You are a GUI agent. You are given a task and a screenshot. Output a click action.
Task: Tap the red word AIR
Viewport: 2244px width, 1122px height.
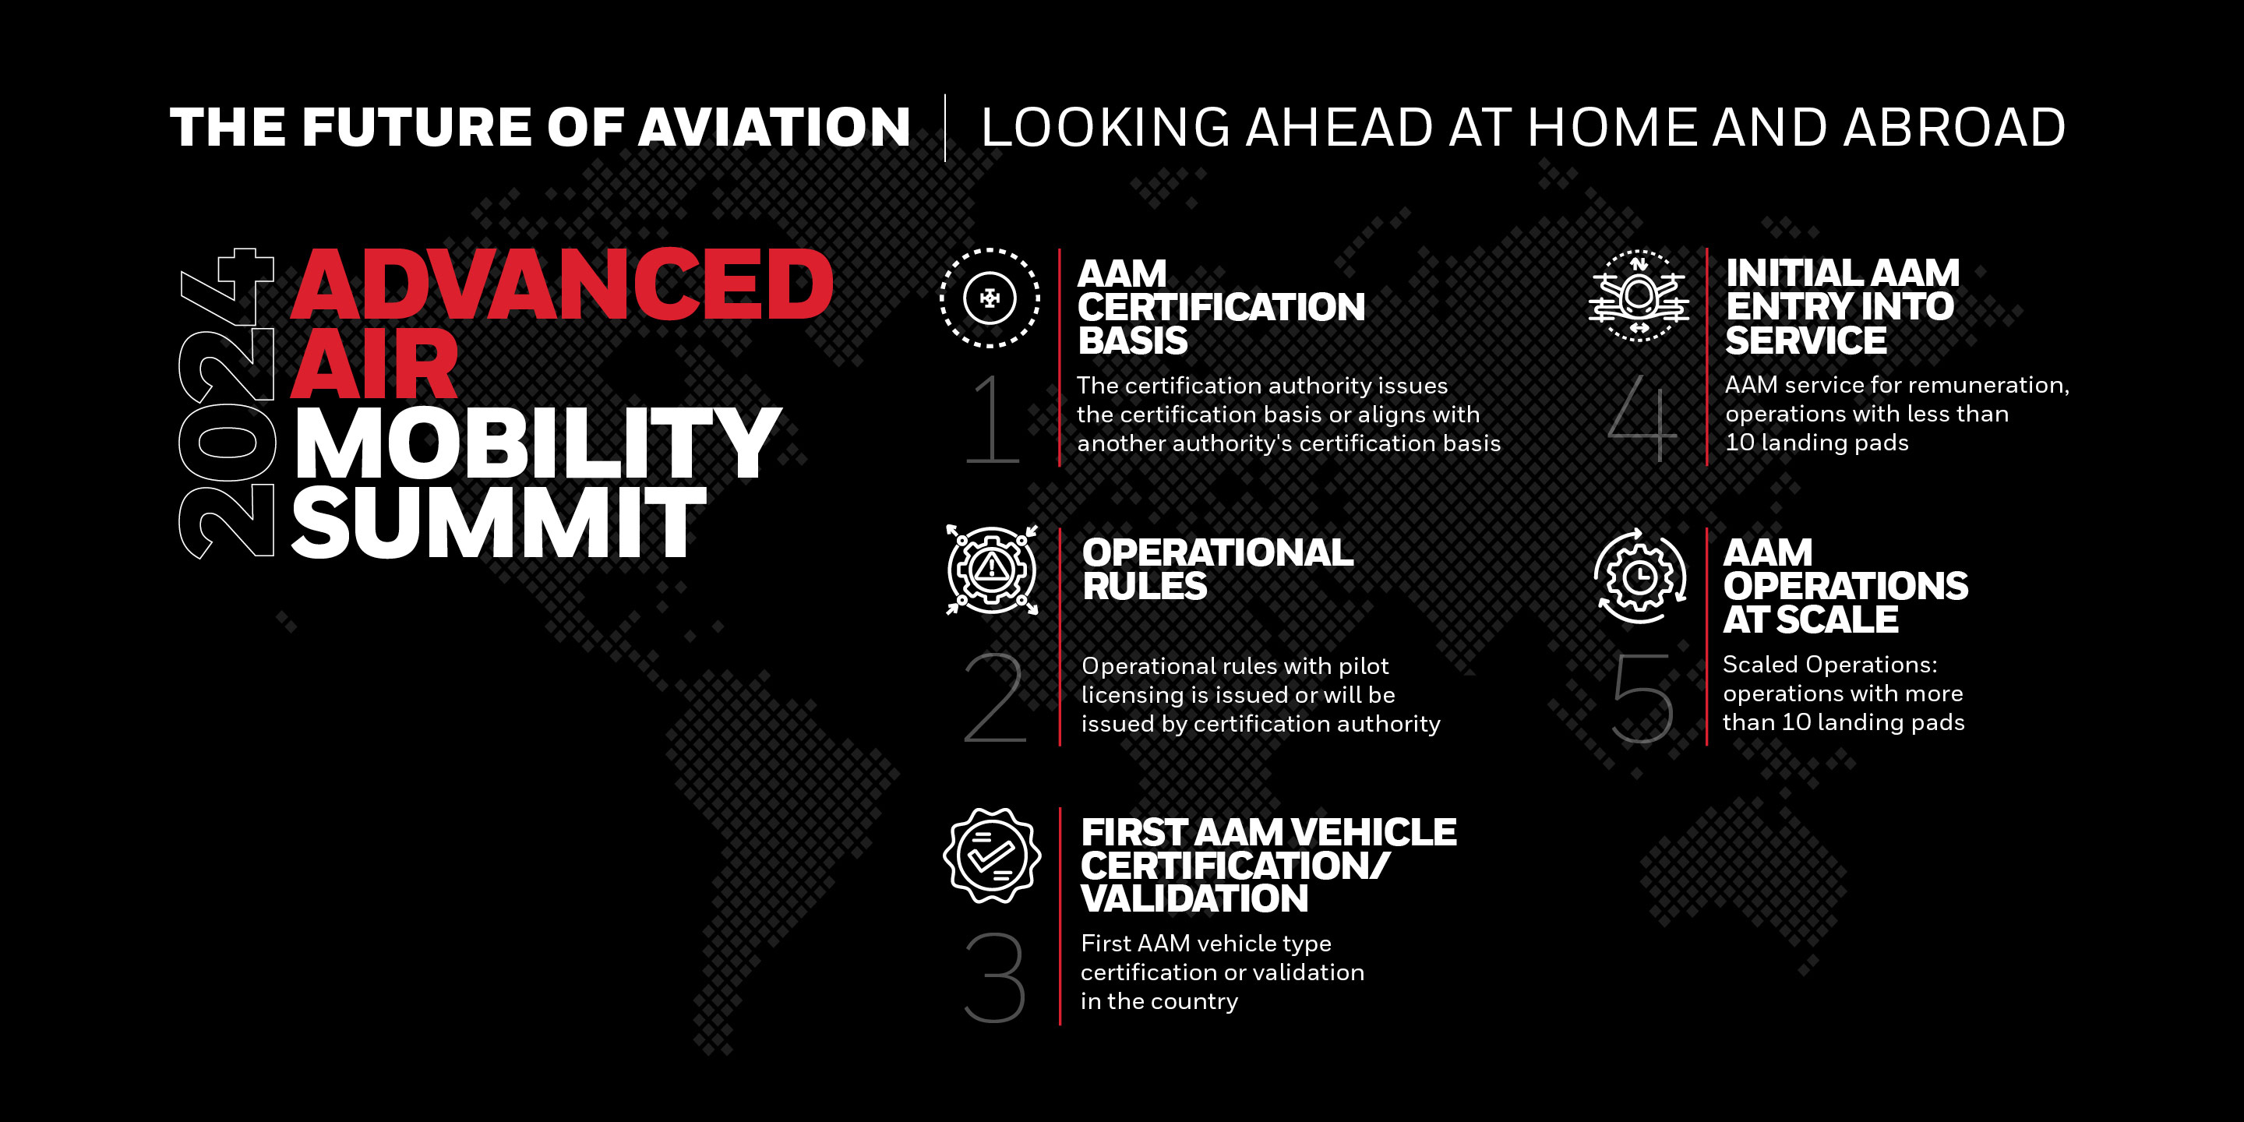coord(375,364)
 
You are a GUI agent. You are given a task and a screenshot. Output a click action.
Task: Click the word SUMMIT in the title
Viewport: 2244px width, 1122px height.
coord(499,522)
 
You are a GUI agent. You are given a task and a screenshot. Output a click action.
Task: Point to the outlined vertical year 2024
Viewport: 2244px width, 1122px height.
coord(228,404)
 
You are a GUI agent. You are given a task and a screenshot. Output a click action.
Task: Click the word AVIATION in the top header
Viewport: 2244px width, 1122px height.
coord(774,127)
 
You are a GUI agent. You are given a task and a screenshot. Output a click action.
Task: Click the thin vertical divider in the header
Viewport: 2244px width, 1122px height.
coord(945,128)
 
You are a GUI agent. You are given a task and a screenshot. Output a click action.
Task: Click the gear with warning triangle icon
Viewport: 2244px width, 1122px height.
coord(991,570)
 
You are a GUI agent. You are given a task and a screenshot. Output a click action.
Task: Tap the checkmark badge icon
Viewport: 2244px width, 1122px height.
coord(991,856)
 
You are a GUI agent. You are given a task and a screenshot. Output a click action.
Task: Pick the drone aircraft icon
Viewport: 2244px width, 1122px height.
coord(1639,296)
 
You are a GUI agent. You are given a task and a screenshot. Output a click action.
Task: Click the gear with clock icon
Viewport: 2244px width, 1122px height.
coord(1639,576)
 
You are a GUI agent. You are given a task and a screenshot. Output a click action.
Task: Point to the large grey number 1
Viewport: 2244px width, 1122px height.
coord(993,419)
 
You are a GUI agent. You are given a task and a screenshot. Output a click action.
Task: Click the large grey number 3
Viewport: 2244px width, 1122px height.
coord(994,977)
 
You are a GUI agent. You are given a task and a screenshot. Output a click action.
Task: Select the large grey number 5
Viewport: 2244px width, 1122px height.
coord(1642,699)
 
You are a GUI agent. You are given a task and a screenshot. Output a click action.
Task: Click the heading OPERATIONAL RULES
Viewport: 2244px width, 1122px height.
coord(1218,569)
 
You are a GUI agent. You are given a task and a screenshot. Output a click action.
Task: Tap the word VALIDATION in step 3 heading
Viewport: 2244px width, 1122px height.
coord(1194,899)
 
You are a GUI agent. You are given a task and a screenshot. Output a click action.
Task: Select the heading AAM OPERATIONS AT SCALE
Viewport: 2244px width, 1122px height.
coord(1845,586)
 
